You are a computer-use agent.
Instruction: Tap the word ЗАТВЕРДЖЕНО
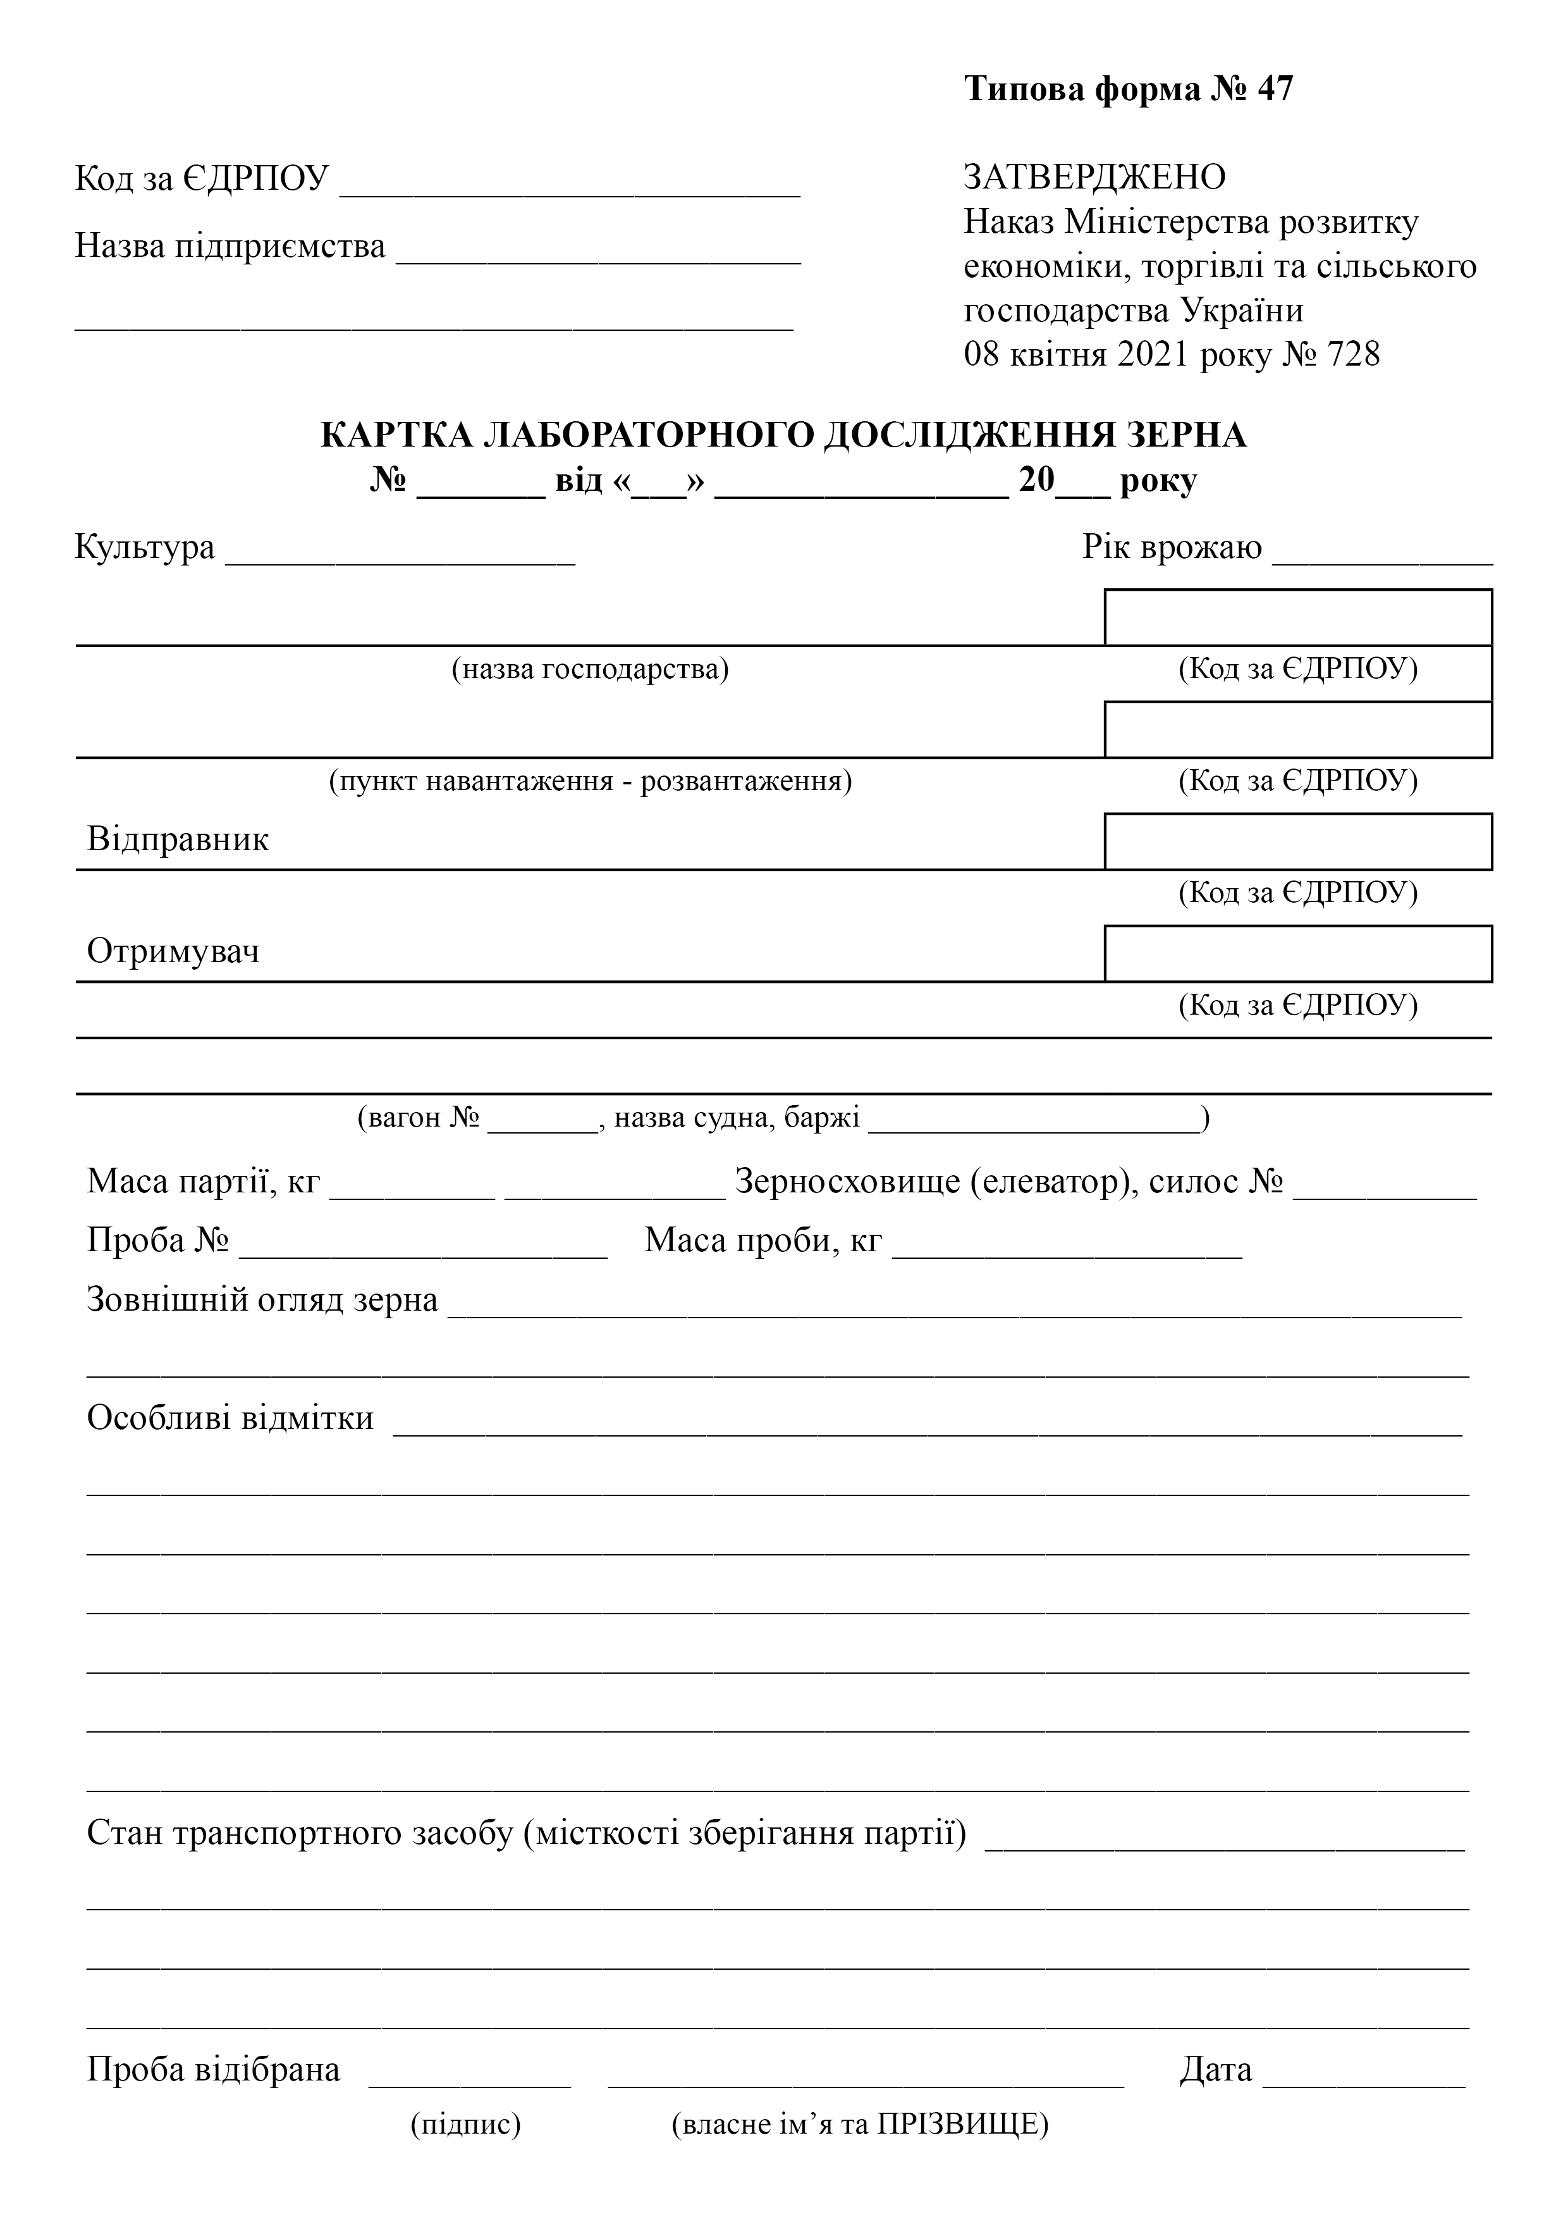1094,177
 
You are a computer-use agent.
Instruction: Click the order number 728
1354,355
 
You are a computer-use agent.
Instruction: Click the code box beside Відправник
1297,841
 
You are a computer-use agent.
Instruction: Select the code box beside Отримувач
1297,953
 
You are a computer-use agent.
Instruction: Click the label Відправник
178,839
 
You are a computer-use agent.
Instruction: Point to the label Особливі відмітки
230,1418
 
